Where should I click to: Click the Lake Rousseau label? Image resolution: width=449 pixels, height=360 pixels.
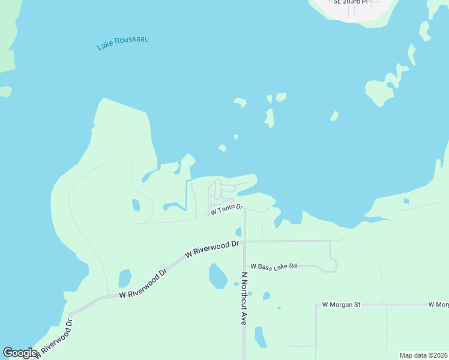click(122, 43)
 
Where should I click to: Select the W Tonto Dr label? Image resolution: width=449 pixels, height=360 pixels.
click(226, 209)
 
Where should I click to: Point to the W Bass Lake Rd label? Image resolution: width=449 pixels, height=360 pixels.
click(274, 266)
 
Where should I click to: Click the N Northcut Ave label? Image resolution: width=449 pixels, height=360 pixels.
click(244, 299)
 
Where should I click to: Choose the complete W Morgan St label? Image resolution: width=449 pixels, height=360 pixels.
click(340, 305)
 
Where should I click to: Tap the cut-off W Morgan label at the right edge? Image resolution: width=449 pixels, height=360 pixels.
click(439, 305)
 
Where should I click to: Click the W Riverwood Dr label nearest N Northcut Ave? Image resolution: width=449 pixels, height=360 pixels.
click(212, 249)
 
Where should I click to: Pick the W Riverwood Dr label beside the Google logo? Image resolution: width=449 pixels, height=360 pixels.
click(55, 340)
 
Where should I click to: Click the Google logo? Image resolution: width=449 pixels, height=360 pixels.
click(20, 353)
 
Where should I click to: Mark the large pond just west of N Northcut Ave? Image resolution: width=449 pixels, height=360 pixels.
click(217, 276)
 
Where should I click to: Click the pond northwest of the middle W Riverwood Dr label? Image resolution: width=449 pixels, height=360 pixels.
click(125, 278)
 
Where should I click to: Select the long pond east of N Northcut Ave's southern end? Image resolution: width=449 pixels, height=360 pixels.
click(261, 337)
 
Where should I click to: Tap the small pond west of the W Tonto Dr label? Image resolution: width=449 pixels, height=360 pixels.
click(136, 205)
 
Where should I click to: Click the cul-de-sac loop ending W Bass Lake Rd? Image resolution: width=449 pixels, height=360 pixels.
click(333, 265)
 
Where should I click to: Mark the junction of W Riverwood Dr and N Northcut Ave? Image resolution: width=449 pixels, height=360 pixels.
click(244, 241)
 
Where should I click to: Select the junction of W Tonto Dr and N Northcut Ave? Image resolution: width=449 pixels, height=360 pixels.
click(245, 209)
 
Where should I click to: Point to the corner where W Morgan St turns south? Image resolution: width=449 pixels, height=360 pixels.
click(316, 305)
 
